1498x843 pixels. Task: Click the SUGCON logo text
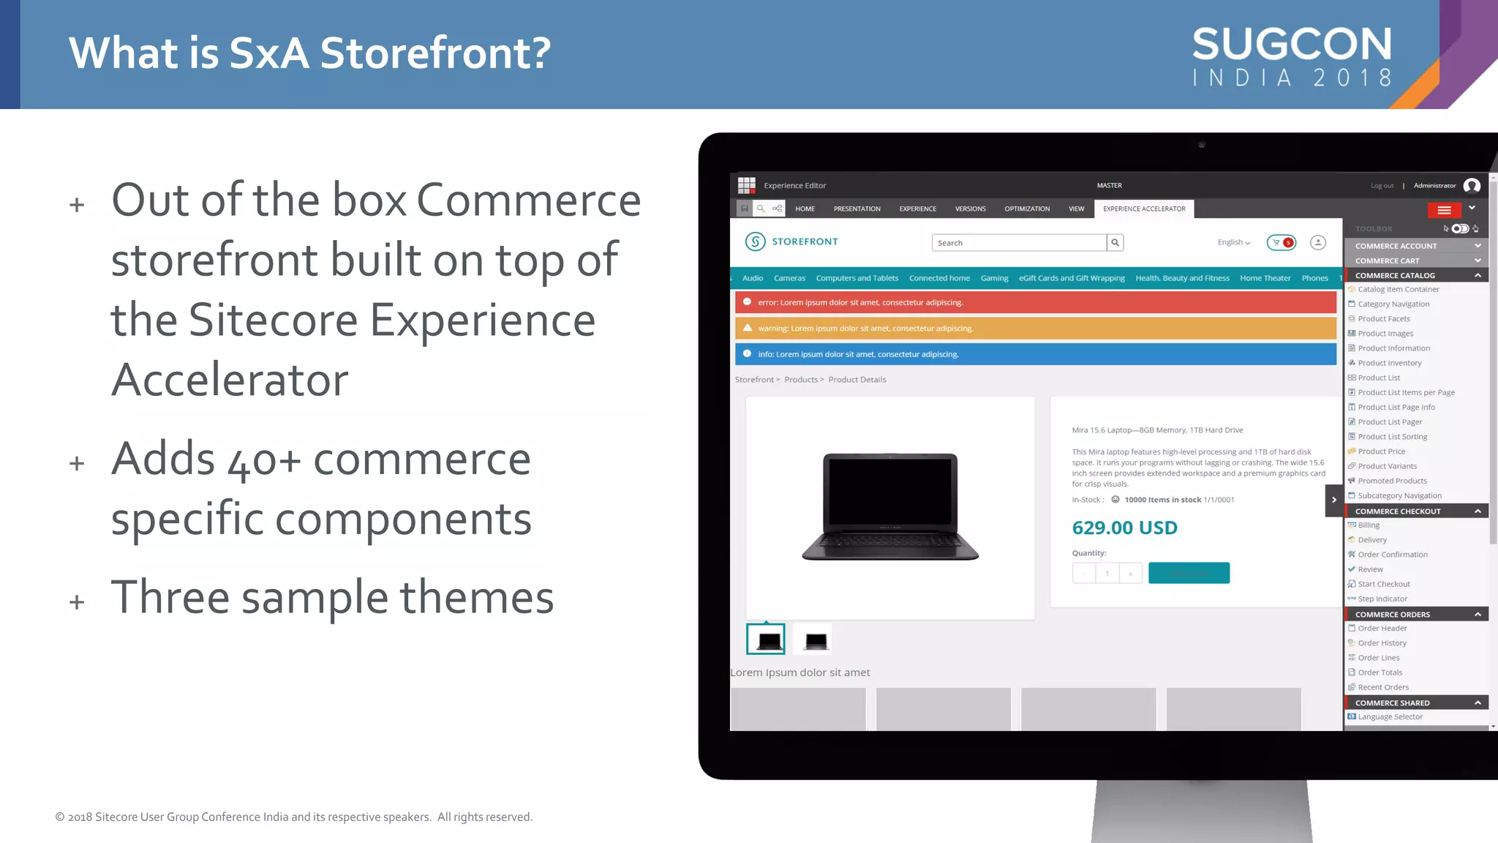[1292, 45]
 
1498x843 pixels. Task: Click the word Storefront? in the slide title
[435, 53]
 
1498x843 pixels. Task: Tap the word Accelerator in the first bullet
[230, 380]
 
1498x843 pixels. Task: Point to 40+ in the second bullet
[264, 460]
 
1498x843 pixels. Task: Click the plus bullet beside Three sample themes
[77, 602]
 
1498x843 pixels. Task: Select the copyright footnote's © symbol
[60, 817]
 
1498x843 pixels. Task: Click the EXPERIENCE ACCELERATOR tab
[1144, 209]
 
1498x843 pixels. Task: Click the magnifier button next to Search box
[1115, 242]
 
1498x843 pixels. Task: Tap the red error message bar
[1035, 302]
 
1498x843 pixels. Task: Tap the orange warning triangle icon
[748, 328]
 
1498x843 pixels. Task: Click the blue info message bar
[1035, 354]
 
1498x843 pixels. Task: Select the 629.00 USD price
[1124, 528]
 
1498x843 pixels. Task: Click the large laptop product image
[890, 507]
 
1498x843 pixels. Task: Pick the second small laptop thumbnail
[816, 641]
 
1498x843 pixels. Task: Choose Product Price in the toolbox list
[1381, 452]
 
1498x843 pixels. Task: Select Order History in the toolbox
[1382, 643]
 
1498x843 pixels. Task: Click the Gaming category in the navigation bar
[994, 278]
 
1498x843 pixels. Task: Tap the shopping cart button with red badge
[1281, 242]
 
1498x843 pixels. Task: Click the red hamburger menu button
[1444, 210]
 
